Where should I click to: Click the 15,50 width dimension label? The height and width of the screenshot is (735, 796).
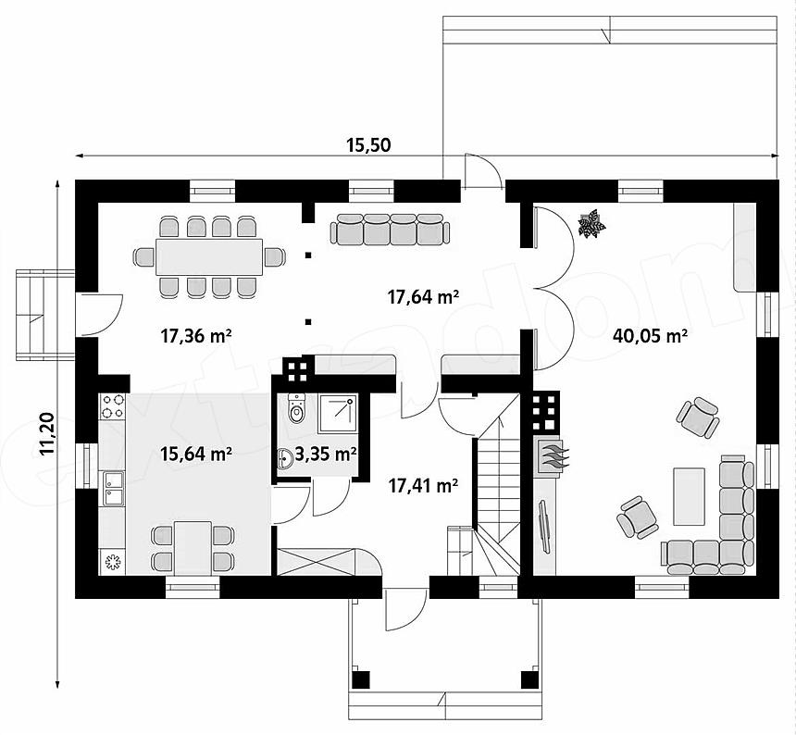[x=368, y=145]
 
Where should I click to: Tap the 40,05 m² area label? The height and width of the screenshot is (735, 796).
[x=651, y=335]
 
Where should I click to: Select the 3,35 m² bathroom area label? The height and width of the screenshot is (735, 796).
[x=326, y=454]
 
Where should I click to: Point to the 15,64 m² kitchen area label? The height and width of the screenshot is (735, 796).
[x=196, y=454]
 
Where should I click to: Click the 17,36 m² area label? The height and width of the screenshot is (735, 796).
[x=196, y=335]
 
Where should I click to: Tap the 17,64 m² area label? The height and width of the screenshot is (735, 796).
[x=423, y=296]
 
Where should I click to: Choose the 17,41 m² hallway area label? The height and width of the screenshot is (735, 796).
[x=424, y=486]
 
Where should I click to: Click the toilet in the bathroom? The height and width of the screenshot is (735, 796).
[x=296, y=407]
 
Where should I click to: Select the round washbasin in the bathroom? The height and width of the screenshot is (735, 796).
[x=285, y=459]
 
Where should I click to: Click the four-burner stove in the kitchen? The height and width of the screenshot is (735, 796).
[x=112, y=406]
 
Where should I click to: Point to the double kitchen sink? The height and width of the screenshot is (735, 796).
[x=113, y=489]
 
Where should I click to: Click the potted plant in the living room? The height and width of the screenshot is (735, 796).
[x=591, y=223]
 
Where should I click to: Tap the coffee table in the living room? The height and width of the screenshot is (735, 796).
[x=689, y=496]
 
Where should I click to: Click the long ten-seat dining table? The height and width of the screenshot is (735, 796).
[x=209, y=256]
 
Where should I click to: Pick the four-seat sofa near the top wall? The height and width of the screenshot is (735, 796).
[x=390, y=229]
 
